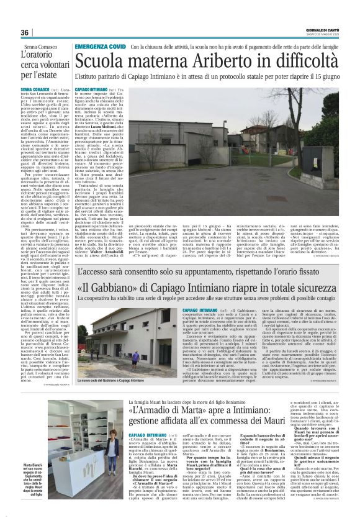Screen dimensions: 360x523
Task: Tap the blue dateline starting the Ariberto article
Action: tap(91, 90)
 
